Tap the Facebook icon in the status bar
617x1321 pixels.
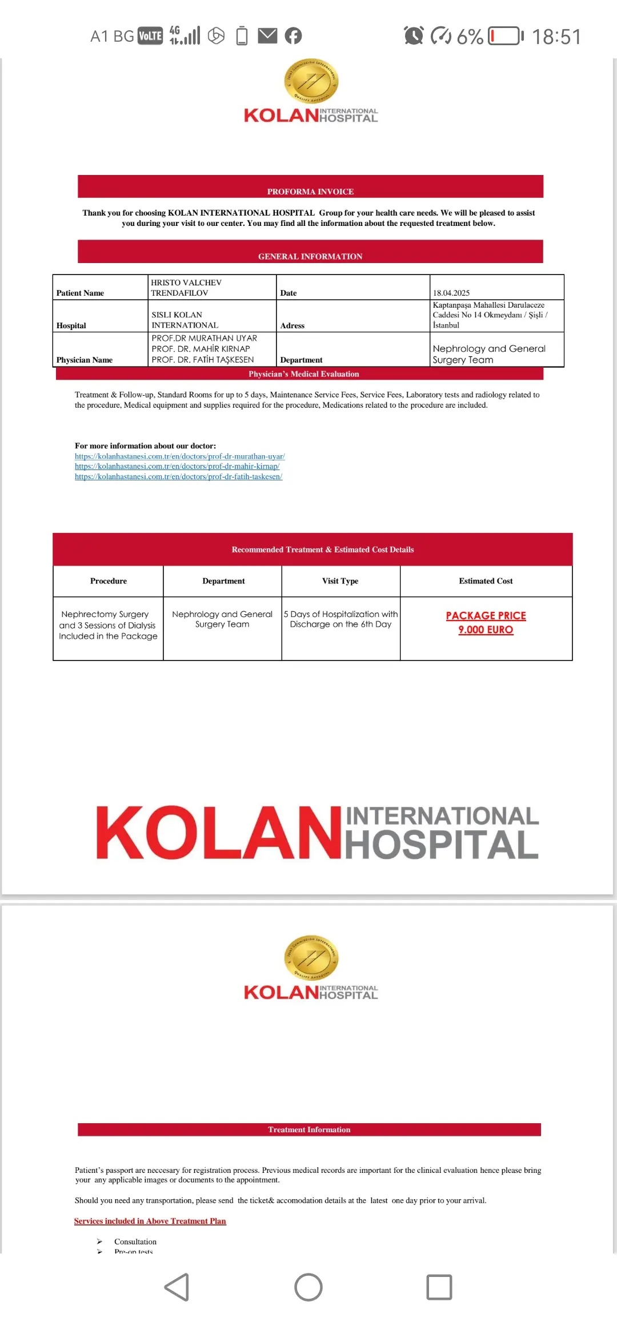click(x=293, y=36)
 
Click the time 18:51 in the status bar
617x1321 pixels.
click(x=556, y=37)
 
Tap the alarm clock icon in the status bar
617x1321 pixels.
click(x=414, y=35)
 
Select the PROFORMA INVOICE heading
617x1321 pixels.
click(x=310, y=192)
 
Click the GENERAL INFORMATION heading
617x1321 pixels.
click(x=310, y=256)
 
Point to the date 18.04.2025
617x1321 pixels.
click(x=451, y=293)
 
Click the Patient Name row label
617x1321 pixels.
click(x=80, y=293)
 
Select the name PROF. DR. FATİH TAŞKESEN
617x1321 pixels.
click(x=203, y=360)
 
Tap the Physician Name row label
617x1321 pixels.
click(x=85, y=360)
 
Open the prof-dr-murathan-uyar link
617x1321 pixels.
click(x=179, y=456)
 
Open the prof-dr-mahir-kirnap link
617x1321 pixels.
click(x=177, y=466)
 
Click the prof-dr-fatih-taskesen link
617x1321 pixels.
click(x=178, y=476)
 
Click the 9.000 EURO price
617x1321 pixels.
click(x=486, y=630)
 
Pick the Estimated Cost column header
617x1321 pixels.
click(x=486, y=581)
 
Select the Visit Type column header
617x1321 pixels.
click(x=340, y=581)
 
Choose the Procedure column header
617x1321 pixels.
click(x=109, y=581)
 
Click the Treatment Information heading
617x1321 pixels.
click(x=309, y=1129)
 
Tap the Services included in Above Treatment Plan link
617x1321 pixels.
click(x=150, y=1221)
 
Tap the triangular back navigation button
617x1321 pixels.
click(x=177, y=1287)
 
